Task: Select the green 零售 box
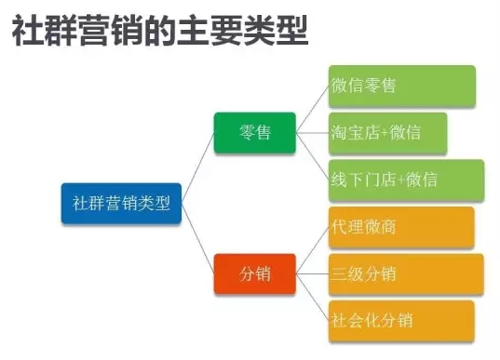pos(254,133)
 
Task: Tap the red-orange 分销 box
pos(254,273)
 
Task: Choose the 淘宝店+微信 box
pos(387,133)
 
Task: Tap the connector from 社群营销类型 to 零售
pos(198,163)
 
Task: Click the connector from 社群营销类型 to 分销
pos(198,240)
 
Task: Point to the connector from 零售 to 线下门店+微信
pos(312,156)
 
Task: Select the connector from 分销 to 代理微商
pos(312,250)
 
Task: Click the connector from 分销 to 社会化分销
pos(312,298)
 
